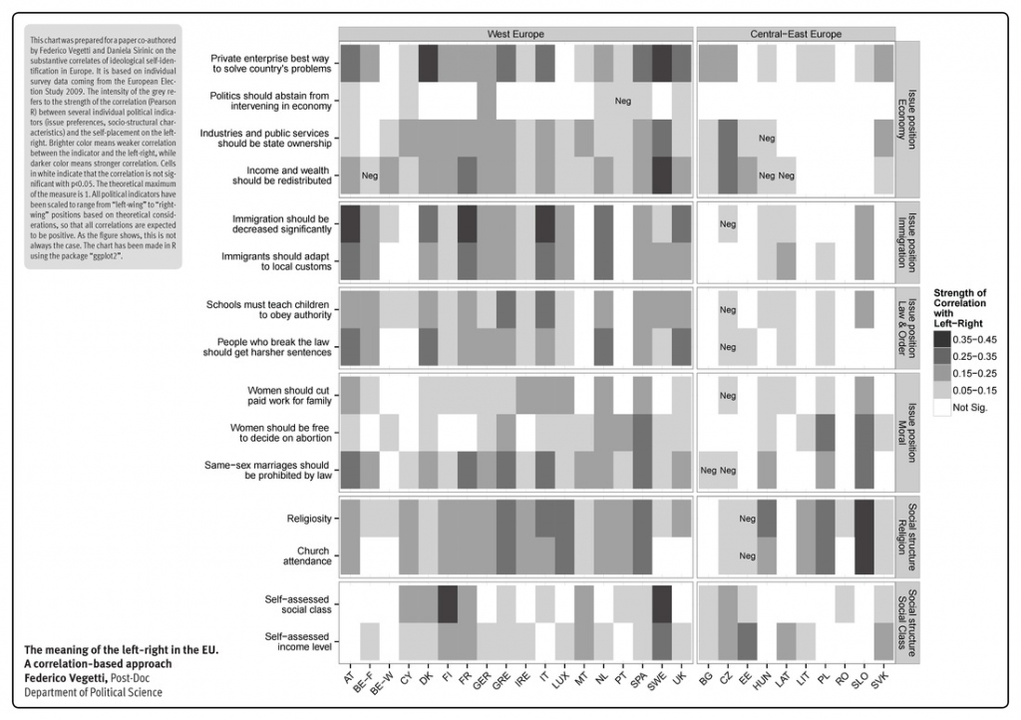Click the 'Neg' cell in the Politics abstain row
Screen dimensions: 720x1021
pos(623,101)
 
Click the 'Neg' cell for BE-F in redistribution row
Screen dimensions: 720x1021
pos(370,176)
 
